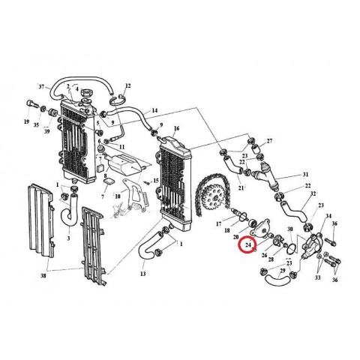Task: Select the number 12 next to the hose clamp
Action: pos(128,86)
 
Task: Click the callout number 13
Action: pos(142,274)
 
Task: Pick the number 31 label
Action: pos(306,175)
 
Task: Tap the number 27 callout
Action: pos(270,141)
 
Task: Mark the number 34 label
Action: pos(327,214)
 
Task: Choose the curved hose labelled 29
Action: pos(274,280)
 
